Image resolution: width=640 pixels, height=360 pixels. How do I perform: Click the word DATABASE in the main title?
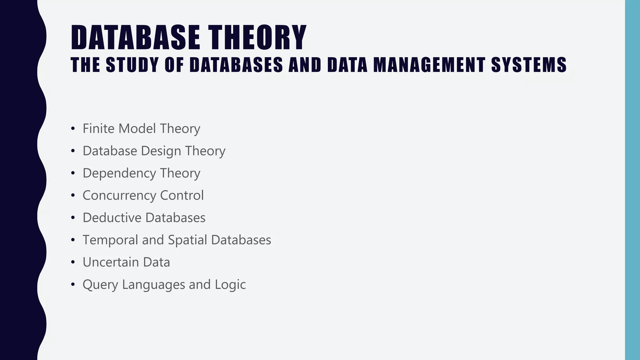[x=135, y=38]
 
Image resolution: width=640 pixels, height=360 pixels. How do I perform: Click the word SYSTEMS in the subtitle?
[x=529, y=65]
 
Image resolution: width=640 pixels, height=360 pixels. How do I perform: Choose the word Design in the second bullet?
[x=161, y=151]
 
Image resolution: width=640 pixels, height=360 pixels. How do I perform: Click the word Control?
[x=182, y=195]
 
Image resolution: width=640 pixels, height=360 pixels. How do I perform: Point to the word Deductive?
[x=112, y=218]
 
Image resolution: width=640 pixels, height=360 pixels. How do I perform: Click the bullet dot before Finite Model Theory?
[x=73, y=128]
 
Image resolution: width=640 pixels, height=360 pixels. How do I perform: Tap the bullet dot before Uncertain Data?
[x=73, y=262]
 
